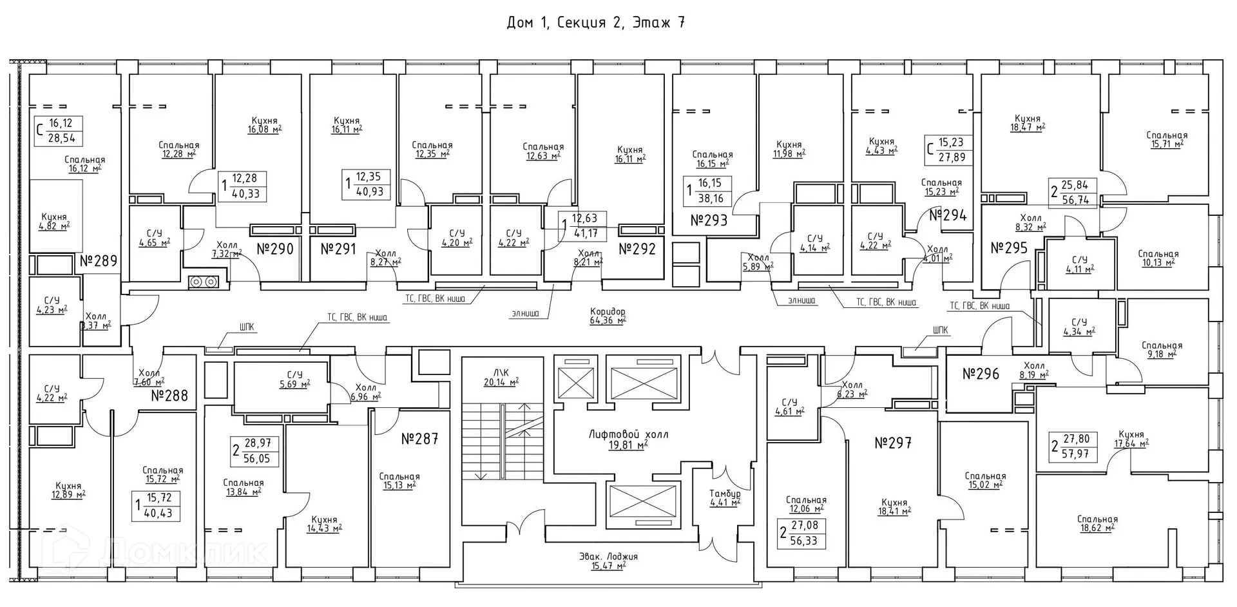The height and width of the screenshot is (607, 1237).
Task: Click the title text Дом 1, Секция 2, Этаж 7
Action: pos(595,23)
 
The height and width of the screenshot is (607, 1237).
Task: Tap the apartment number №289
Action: pos(99,261)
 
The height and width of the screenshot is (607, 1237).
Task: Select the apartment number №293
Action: pos(709,220)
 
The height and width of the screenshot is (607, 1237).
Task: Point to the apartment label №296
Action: pos(981,374)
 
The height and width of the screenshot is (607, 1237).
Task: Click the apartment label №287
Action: pos(419,439)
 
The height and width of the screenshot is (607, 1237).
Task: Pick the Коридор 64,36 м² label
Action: pos(608,316)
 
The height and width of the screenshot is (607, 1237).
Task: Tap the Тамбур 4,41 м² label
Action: pos(725,497)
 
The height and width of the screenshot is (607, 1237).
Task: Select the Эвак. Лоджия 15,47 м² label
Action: pos(608,561)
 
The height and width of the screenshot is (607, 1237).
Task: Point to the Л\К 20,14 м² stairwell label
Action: pos(501,377)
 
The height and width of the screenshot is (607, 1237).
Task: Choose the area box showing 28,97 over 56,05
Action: pos(255,450)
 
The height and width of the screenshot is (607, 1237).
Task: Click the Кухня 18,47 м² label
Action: pos(1027,123)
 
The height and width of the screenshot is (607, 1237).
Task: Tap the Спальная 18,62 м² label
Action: pos(1097,523)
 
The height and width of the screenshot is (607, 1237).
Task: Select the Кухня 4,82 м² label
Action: pos(54,221)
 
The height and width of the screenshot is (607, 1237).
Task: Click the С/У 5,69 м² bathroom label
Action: pos(294,378)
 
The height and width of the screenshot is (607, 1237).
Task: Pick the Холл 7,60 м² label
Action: pos(149,377)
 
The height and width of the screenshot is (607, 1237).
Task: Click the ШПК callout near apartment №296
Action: pos(940,331)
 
